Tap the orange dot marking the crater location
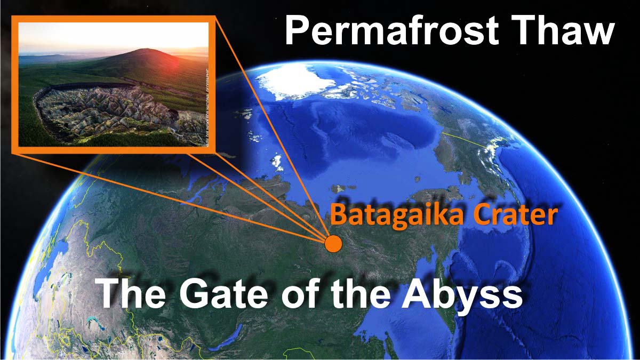tap(333, 244)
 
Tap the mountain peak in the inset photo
tap(144, 51)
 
